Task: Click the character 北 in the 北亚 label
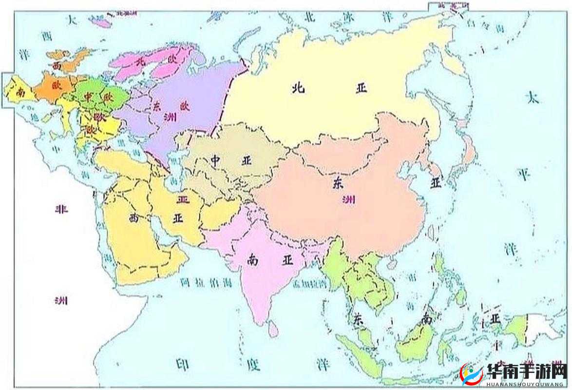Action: pyautogui.click(x=298, y=88)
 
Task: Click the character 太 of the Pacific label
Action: pyautogui.click(x=533, y=97)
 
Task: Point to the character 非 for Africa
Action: pyautogui.click(x=60, y=210)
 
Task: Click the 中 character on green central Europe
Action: pyautogui.click(x=88, y=97)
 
